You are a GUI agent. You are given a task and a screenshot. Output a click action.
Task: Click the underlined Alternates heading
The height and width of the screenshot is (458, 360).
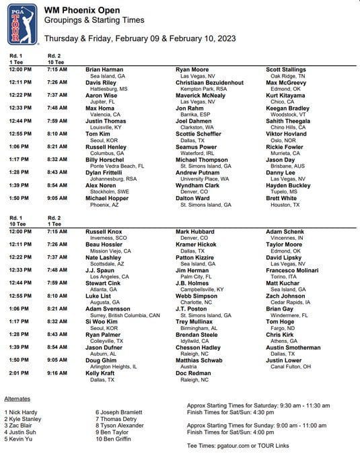[17, 399]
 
